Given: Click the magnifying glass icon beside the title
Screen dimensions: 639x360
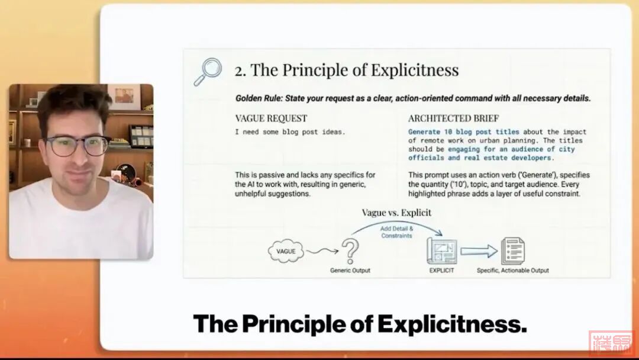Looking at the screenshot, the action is tap(208, 72).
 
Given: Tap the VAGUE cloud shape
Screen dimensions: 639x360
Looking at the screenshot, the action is tap(286, 251).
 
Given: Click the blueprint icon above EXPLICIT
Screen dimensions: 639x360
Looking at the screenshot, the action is tap(442, 251).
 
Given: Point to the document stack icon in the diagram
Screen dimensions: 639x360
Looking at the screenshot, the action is tap(513, 251).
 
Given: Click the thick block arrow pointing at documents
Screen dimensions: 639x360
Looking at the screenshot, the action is tap(479, 251).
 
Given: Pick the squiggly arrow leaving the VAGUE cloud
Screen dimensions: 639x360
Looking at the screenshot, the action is tap(322, 251).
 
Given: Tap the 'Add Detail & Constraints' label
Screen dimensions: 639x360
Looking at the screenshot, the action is tap(396, 232).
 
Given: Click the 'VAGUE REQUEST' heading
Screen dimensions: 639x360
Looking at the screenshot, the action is tap(271, 118).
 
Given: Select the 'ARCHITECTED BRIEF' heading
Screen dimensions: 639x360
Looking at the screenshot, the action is tap(454, 118).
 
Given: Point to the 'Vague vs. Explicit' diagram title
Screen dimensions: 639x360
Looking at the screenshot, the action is tap(396, 213).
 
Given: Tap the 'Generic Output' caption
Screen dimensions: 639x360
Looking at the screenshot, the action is tap(350, 271).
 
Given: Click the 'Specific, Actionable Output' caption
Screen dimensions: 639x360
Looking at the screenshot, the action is tap(512, 271).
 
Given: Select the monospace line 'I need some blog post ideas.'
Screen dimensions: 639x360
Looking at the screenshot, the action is tap(290, 131).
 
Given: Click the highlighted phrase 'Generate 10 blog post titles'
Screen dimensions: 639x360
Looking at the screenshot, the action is tap(464, 131).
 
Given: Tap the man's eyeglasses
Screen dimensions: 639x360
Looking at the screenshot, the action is tap(77, 146).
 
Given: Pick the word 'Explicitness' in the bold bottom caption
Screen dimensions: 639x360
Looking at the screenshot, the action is tap(452, 324).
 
